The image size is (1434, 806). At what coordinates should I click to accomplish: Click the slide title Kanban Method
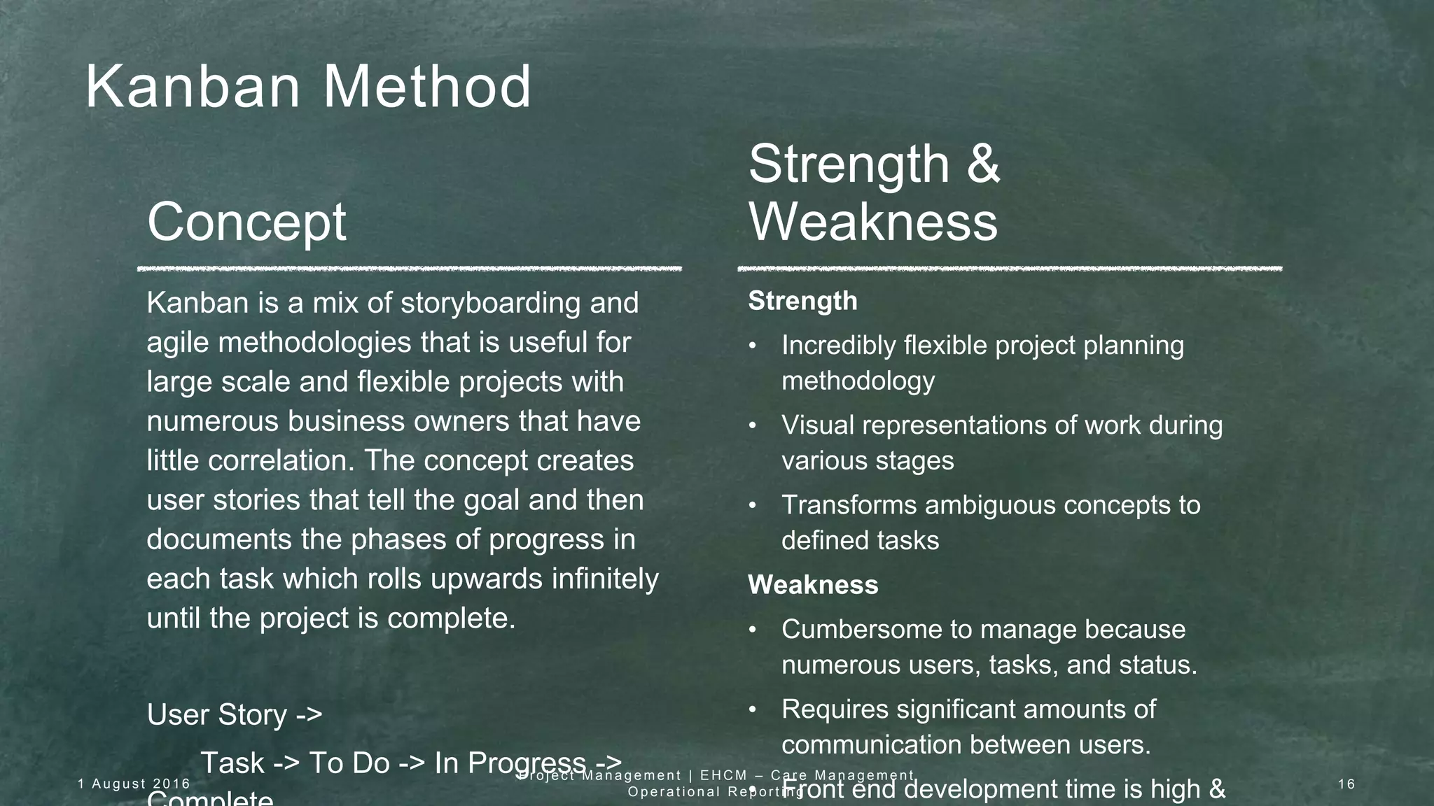click(x=308, y=87)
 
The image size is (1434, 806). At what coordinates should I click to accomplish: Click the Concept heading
click(x=246, y=222)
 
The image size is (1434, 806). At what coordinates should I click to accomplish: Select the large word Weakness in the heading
click(x=873, y=222)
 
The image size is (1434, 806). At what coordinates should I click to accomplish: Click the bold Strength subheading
click(x=802, y=301)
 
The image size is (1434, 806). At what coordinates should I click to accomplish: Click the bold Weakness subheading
click(x=812, y=585)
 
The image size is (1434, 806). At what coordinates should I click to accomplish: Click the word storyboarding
click(x=491, y=304)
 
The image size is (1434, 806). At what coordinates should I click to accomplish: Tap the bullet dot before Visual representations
click(x=753, y=426)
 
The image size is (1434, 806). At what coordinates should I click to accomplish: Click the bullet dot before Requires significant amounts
click(x=753, y=710)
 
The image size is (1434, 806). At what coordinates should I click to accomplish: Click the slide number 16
click(x=1346, y=784)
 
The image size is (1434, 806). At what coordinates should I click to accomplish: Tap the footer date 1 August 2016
click(x=134, y=784)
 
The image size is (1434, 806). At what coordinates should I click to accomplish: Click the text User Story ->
click(x=235, y=715)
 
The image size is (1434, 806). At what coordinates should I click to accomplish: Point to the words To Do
click(x=349, y=763)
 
